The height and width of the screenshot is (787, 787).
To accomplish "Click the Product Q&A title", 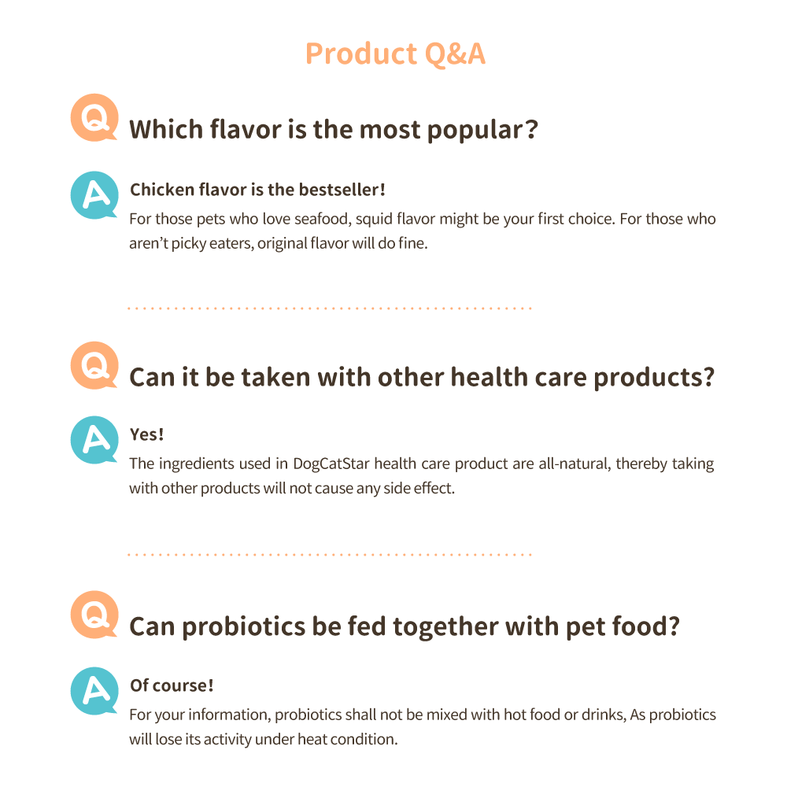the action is tap(396, 54).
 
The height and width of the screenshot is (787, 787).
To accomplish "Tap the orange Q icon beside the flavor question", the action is tap(94, 117).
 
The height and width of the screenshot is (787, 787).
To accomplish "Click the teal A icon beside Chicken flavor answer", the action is tap(94, 195).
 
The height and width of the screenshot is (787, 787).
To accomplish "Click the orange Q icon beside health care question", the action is tap(94, 365).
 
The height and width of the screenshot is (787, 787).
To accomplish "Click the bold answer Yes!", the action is tap(147, 434).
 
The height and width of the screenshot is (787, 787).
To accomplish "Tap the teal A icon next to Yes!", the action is tap(94, 440).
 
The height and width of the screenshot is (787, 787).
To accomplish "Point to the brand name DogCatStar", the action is tap(331, 464).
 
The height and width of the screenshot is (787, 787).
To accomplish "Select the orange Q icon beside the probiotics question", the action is tap(94, 615).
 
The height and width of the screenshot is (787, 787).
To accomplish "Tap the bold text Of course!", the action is tap(172, 685).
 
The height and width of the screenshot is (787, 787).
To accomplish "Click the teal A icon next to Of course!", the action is tap(94, 691).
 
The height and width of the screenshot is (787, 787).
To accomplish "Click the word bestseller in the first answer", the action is tap(342, 190).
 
